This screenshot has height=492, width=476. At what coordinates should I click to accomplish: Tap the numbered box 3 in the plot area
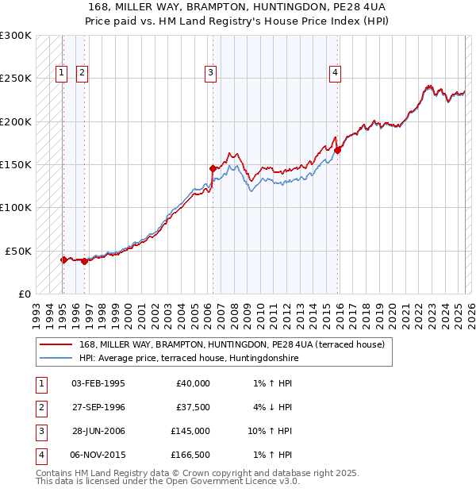click(x=211, y=73)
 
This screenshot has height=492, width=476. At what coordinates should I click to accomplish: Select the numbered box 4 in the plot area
click(x=336, y=73)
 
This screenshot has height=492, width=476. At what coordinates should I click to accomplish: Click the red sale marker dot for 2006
click(x=213, y=168)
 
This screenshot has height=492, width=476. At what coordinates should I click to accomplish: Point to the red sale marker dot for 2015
click(x=337, y=150)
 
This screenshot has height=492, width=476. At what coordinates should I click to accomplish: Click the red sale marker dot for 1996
click(x=84, y=261)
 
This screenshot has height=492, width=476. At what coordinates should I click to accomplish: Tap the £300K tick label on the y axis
click(x=16, y=36)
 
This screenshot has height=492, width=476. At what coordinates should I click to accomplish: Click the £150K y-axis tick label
click(x=16, y=164)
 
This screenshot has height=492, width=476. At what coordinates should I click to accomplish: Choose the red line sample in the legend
click(x=56, y=344)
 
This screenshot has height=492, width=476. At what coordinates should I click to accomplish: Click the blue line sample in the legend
click(x=56, y=358)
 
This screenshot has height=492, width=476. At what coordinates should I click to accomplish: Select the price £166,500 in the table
click(x=190, y=455)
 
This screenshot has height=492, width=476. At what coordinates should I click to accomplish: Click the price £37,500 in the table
click(x=190, y=406)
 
